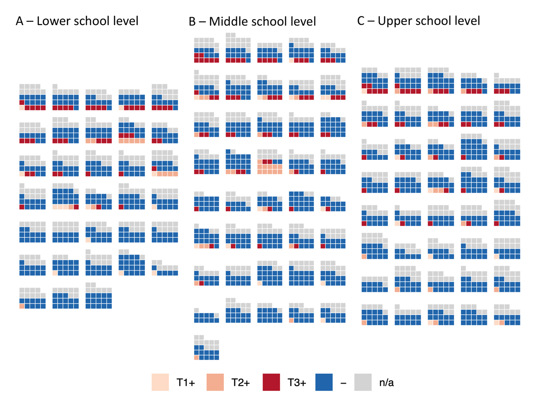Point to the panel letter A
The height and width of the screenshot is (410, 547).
pos(20,21)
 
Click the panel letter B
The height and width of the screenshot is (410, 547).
pos(192,22)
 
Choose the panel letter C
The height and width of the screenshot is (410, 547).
pos(361,21)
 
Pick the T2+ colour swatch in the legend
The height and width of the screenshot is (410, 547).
pos(216,383)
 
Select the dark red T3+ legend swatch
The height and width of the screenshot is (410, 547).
pos(271,383)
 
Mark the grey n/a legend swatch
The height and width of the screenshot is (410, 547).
pos(363,383)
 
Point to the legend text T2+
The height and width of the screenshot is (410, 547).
pos(242,383)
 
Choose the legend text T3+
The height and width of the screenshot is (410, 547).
pos(297,383)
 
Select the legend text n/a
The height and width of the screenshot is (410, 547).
pos(387,383)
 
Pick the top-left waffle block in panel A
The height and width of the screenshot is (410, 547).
pos(32,97)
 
